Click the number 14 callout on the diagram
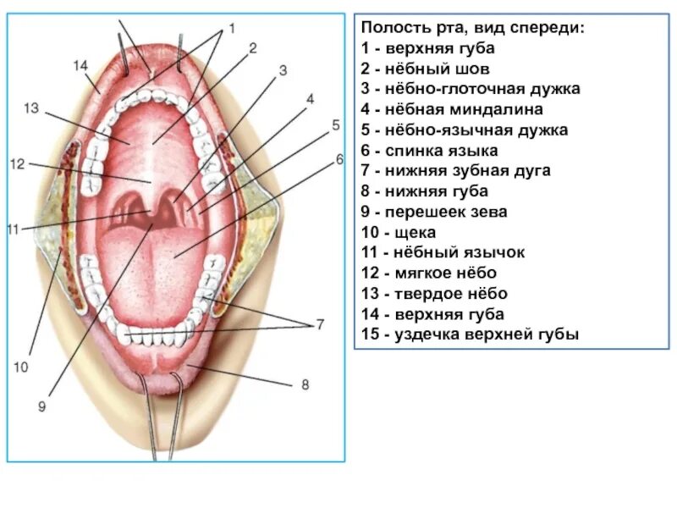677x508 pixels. click(x=80, y=65)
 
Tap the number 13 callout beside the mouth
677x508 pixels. click(x=32, y=108)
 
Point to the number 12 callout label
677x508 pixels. click(x=18, y=163)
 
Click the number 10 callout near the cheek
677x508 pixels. click(x=20, y=367)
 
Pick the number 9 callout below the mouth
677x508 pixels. click(x=41, y=406)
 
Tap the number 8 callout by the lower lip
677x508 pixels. click(x=305, y=384)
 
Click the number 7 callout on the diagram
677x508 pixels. click(x=321, y=324)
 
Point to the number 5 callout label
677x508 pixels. click(x=335, y=125)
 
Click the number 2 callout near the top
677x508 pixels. click(x=252, y=47)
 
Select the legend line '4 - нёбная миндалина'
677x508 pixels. click(x=451, y=110)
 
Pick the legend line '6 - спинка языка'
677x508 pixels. click(x=429, y=151)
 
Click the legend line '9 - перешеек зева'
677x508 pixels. click(x=434, y=212)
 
